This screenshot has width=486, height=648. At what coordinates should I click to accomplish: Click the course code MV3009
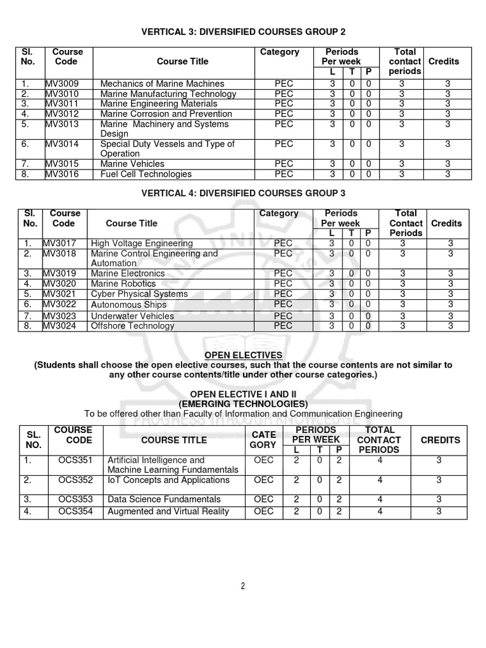click(x=61, y=84)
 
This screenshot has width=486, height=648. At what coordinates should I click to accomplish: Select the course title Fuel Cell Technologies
click(x=146, y=174)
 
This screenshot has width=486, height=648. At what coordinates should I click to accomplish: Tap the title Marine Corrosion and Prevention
click(x=166, y=114)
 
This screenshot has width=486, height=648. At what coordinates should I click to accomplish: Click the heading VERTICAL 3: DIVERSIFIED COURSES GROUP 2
click(x=243, y=32)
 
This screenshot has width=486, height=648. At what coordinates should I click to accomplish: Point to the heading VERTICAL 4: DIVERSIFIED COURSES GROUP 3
click(x=243, y=192)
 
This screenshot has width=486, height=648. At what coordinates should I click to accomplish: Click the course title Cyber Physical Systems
click(x=139, y=294)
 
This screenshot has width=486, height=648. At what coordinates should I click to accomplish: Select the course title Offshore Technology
click(x=132, y=326)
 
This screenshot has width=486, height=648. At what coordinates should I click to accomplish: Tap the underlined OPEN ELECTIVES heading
click(x=243, y=355)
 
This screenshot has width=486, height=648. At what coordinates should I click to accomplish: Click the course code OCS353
click(x=75, y=499)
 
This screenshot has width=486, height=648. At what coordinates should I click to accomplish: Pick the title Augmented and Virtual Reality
click(x=168, y=511)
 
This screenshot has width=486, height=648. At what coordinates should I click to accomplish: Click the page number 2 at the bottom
click(x=242, y=586)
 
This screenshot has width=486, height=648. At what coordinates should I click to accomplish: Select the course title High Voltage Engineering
click(x=142, y=243)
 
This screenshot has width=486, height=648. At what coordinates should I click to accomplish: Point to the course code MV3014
click(x=61, y=144)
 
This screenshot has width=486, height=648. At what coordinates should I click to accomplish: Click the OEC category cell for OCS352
click(x=263, y=480)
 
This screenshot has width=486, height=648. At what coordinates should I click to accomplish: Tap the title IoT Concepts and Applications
click(x=168, y=480)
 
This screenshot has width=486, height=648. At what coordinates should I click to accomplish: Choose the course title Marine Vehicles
click(x=132, y=164)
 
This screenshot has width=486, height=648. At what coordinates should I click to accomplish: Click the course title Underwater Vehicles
click(x=132, y=316)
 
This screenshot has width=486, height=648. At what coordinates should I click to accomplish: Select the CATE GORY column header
click(x=263, y=440)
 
